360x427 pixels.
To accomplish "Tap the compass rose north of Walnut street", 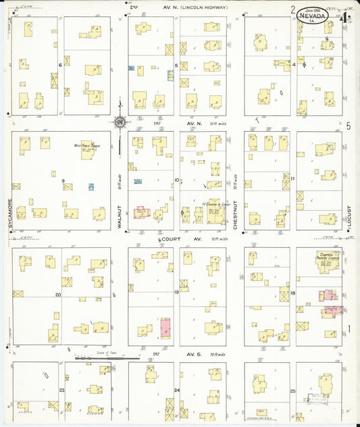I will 120,122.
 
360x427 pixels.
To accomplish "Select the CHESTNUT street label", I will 235,214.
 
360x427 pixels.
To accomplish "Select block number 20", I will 58,295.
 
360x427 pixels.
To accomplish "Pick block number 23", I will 61,391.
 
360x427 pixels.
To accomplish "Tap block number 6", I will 61,65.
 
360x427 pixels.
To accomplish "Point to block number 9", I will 63,180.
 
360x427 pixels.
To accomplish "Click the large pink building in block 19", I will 165,329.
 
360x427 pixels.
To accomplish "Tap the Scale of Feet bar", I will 93,358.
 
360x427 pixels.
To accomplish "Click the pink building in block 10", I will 142,212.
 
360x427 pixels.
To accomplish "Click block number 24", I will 178,391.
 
